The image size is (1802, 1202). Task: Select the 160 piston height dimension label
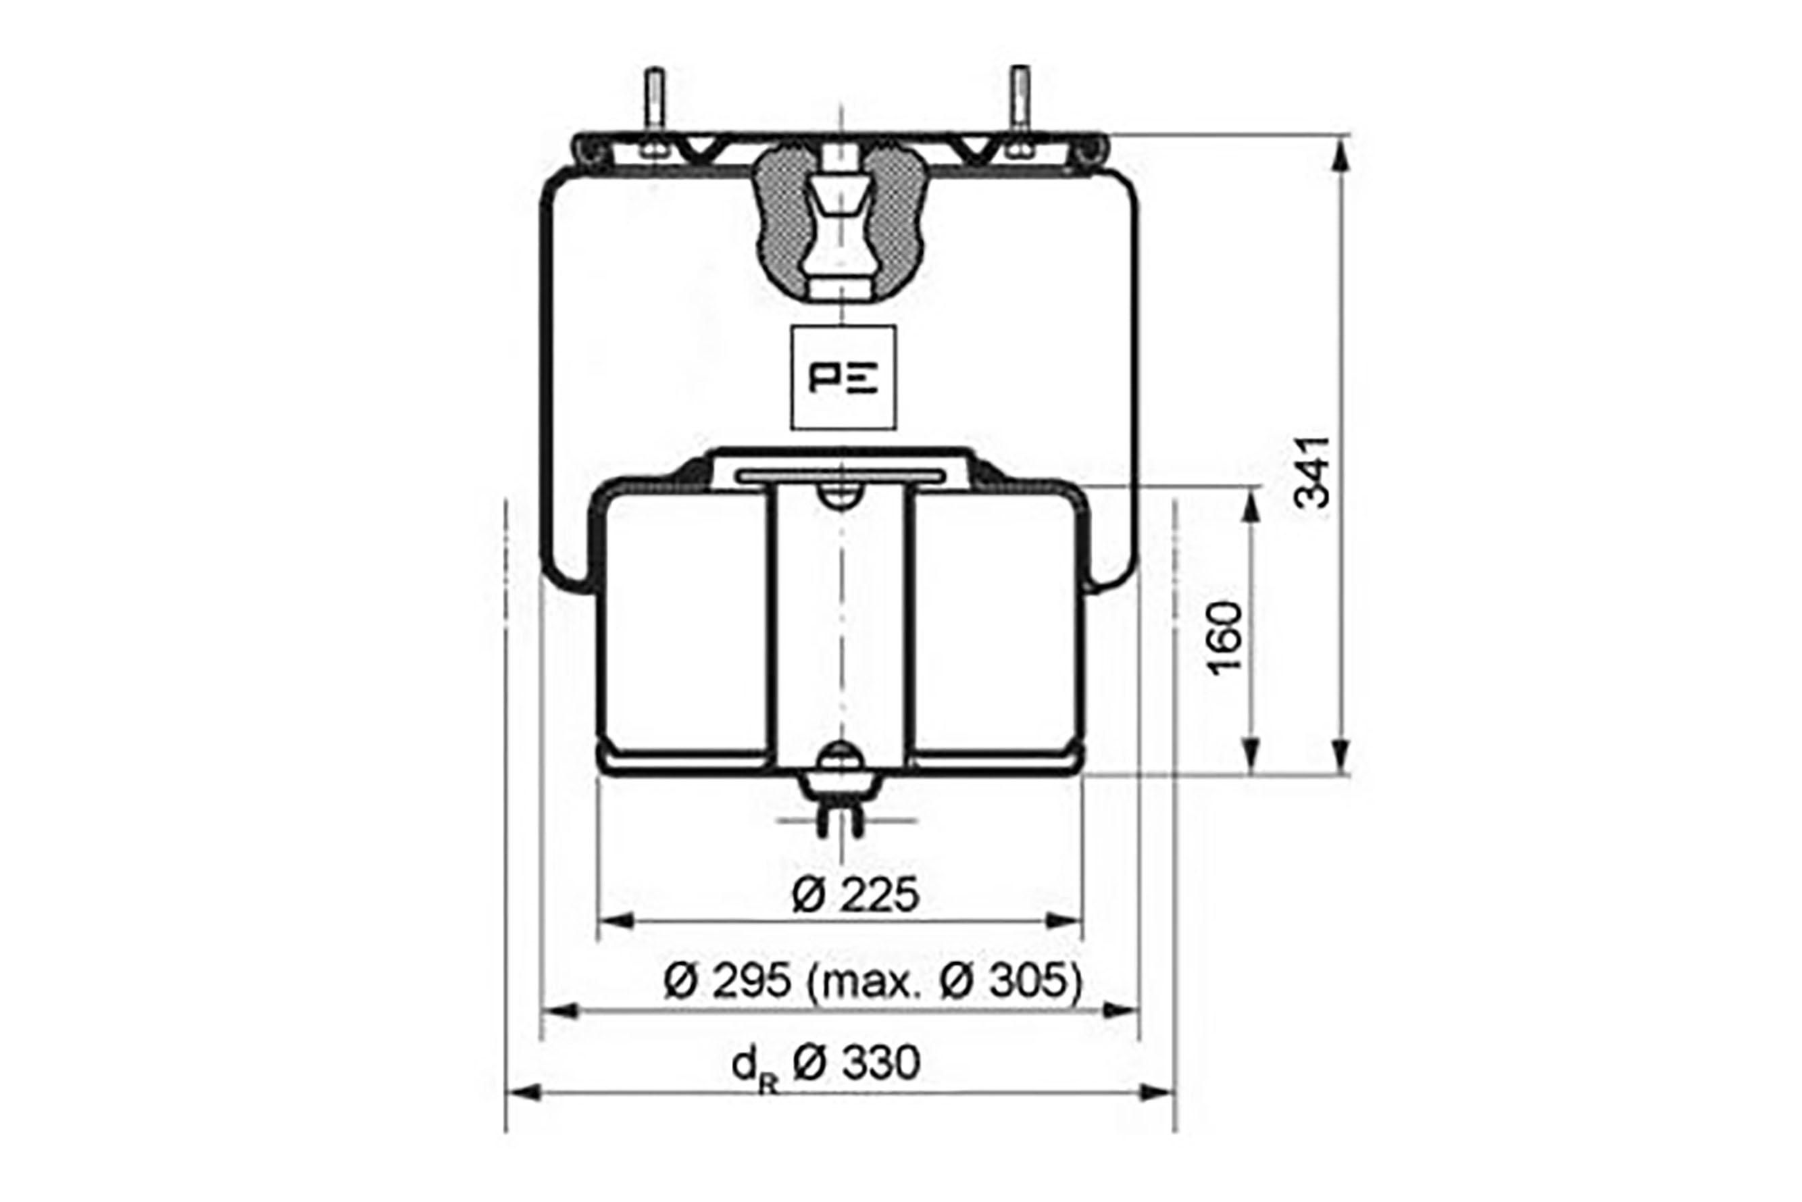click(x=1224, y=638)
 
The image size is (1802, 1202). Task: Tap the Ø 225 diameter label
click(x=855, y=895)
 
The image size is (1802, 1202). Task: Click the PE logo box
click(x=843, y=377)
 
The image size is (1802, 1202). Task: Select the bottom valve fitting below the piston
click(x=841, y=804)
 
